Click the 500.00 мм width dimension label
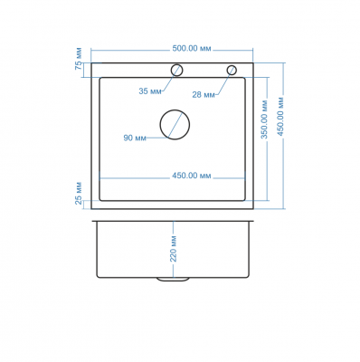(x=192, y=49)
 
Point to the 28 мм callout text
(x=204, y=95)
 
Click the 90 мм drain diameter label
(x=135, y=138)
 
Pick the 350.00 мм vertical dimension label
(x=264, y=119)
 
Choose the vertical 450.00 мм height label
(x=280, y=117)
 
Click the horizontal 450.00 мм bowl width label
(x=192, y=176)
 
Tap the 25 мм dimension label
(x=79, y=194)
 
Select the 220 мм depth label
(x=174, y=249)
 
